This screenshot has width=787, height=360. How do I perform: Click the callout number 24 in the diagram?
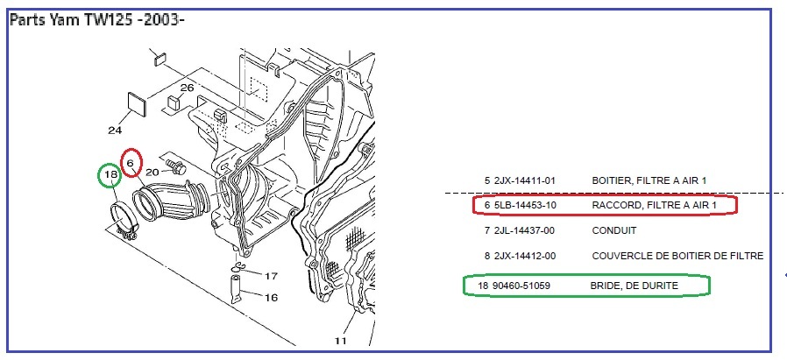[115, 131]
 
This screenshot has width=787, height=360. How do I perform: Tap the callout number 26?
[187, 88]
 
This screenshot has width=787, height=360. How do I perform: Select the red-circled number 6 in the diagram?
[130, 163]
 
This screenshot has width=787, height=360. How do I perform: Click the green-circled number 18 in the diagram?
[110, 174]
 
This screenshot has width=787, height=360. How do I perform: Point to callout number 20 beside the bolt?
[152, 173]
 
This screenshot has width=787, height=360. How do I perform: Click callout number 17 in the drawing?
[271, 276]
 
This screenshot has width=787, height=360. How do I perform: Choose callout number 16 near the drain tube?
[271, 298]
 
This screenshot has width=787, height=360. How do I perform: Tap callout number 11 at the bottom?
[340, 341]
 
